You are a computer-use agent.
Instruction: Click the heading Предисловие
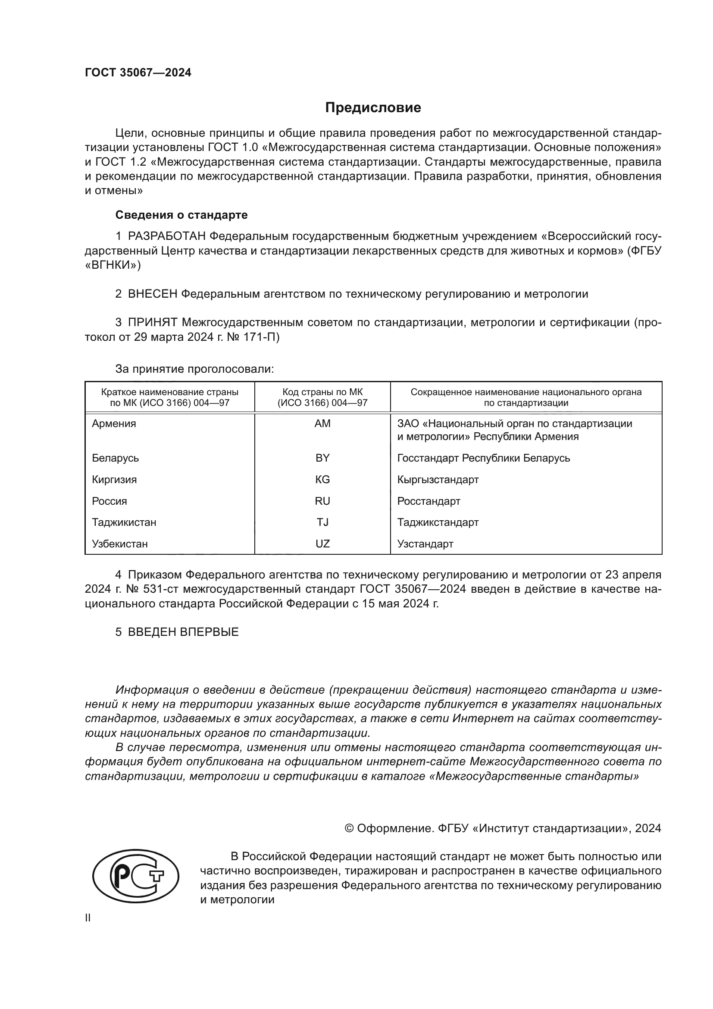point(373,108)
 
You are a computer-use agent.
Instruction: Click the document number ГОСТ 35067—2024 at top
point(138,73)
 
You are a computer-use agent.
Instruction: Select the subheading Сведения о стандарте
point(181,215)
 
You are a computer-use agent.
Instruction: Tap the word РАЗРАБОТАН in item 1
point(167,236)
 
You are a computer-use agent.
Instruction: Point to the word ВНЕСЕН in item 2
point(152,294)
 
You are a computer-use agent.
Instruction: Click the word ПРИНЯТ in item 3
point(152,323)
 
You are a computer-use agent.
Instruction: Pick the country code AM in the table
point(322,424)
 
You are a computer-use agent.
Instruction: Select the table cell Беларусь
point(116,458)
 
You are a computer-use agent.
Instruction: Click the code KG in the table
point(322,479)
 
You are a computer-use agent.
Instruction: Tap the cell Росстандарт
point(428,501)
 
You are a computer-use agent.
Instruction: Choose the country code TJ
point(322,522)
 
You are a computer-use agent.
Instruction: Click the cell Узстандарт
point(425,544)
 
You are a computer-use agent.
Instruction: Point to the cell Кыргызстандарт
point(438,479)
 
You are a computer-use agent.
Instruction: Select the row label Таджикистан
point(124,522)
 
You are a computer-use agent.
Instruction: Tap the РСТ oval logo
point(136,877)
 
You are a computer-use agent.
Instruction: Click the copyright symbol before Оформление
point(350,828)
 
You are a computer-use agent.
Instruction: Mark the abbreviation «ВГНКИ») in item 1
point(113,265)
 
